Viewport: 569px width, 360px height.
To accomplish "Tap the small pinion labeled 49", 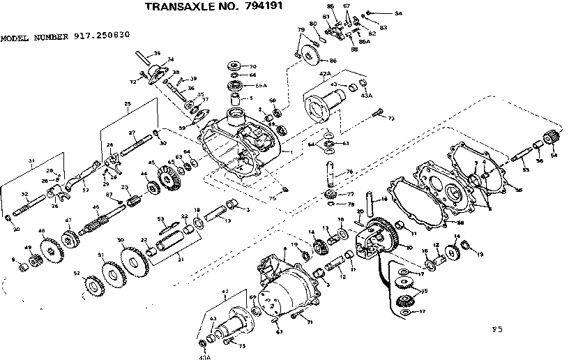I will click(31, 263).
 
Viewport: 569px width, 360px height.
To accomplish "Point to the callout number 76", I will click(349, 171).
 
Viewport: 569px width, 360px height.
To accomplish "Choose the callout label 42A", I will click(324, 73).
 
